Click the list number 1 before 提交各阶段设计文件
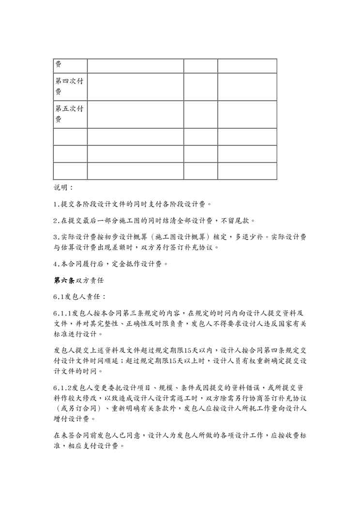(x=55, y=204)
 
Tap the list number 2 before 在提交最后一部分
(x=55, y=221)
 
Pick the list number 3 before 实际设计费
(x=55, y=237)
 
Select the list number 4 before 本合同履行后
(x=55, y=264)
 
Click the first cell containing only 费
(x=58, y=64)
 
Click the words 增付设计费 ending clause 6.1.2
(x=75, y=419)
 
